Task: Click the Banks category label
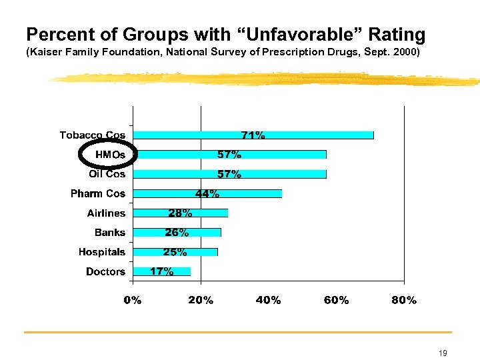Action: click(x=109, y=233)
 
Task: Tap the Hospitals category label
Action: click(x=101, y=252)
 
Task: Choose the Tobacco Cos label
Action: click(x=92, y=135)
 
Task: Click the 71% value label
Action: click(x=253, y=135)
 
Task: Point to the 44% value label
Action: click(x=207, y=194)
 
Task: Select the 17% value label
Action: click(x=162, y=271)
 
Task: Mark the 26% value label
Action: click(x=177, y=233)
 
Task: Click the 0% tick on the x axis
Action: click(x=133, y=301)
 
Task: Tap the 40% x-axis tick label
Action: click(x=268, y=301)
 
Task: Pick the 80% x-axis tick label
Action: click(x=403, y=301)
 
